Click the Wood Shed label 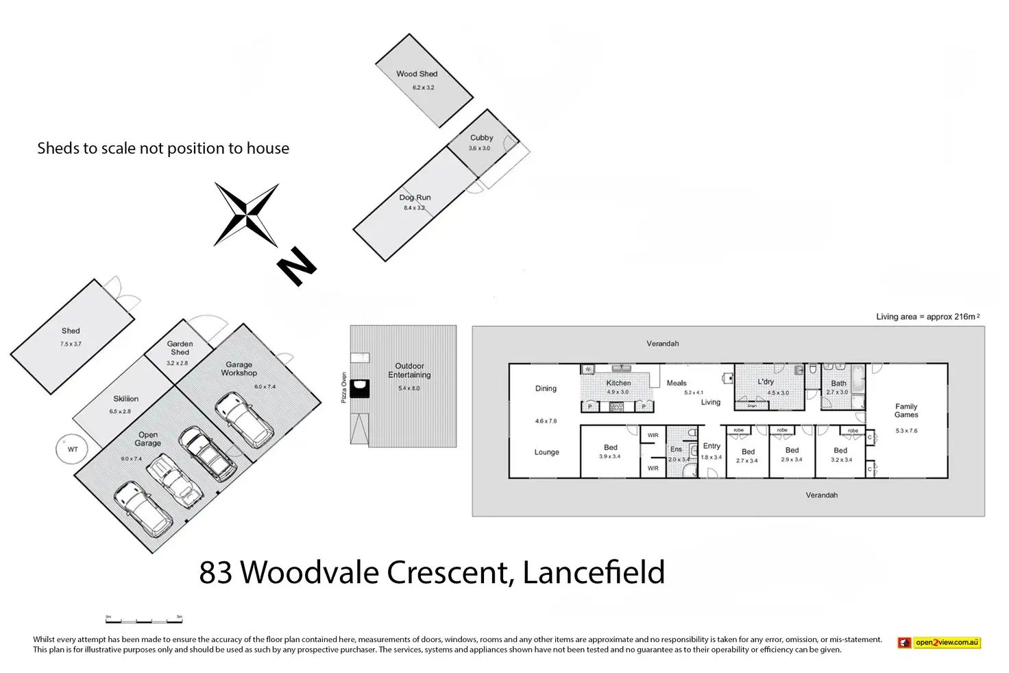pos(416,74)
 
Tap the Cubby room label pos(481,138)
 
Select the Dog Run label pos(415,198)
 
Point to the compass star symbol pos(246,214)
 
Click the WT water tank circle pos(73,449)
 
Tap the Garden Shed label pos(180,348)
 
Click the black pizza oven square pos(359,389)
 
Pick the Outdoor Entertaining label pos(409,370)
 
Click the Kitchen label pos(618,383)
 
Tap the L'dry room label pos(766,382)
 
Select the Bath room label pos(838,383)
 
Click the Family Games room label pos(905,410)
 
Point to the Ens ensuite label pos(676,449)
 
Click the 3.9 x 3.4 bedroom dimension pos(609,456)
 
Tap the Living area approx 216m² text pos(927,317)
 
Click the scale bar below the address pos(144,619)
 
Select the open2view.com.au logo pos(939,643)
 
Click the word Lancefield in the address pos(594,572)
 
